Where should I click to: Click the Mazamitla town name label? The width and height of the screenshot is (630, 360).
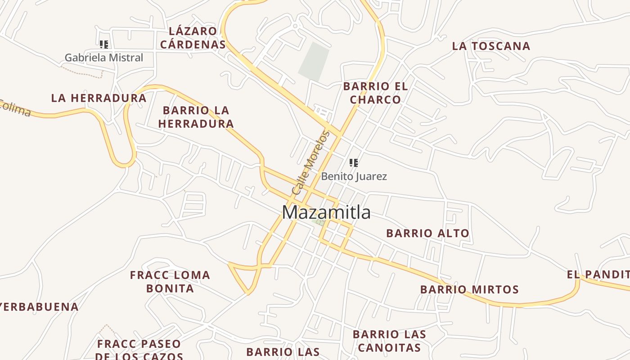click(x=326, y=212)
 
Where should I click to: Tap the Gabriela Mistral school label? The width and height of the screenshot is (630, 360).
click(x=103, y=58)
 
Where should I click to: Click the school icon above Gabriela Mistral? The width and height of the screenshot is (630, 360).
click(x=104, y=44)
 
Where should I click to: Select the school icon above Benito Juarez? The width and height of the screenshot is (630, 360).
click(x=354, y=162)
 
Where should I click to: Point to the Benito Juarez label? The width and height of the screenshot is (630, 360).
click(x=354, y=176)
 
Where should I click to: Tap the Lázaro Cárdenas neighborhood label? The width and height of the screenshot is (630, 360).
click(x=193, y=38)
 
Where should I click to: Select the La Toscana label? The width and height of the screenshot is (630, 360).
click(x=491, y=46)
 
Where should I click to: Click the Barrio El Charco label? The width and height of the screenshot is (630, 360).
click(x=375, y=93)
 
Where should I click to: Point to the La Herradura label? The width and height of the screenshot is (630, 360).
click(x=99, y=98)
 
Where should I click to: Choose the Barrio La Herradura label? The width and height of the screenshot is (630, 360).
click(x=196, y=117)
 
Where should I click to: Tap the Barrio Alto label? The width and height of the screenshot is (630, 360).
click(x=427, y=233)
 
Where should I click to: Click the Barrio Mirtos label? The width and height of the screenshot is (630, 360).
click(x=469, y=289)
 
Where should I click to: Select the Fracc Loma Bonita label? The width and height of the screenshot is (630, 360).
click(x=170, y=281)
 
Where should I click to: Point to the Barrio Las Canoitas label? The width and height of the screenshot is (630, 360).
click(x=389, y=341)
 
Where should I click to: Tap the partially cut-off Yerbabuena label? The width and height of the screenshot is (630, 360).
click(x=39, y=307)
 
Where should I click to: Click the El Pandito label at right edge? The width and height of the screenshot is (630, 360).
click(x=598, y=274)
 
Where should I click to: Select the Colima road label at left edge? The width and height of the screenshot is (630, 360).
click(x=15, y=108)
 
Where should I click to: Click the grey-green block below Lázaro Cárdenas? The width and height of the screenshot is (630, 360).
click(x=314, y=62)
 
